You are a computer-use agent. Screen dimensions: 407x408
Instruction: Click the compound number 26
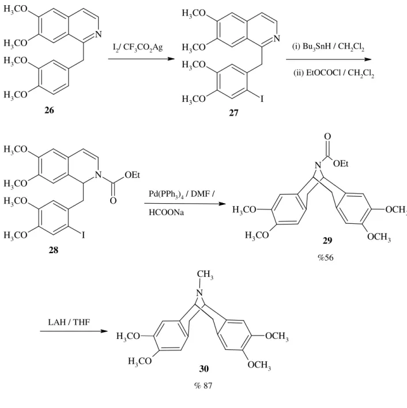point(49,110)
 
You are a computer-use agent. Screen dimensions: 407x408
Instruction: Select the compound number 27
point(233,113)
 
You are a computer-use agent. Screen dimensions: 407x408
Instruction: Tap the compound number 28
point(54,250)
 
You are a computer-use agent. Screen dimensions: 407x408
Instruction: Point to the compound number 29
point(327,241)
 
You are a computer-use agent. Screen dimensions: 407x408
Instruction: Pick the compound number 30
point(204,369)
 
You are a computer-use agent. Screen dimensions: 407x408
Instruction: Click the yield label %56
point(326,257)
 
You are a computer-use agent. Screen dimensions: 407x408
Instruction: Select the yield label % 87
point(203,386)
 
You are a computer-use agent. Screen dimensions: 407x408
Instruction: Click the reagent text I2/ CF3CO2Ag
point(138,48)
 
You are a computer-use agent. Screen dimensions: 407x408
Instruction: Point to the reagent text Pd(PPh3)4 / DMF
point(182,195)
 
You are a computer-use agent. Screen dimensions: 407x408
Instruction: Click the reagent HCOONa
point(167,212)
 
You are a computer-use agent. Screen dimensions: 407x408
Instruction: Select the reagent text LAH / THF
point(69,322)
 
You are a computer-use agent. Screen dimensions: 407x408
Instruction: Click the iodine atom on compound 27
point(262,98)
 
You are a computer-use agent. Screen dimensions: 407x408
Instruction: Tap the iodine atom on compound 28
point(83,235)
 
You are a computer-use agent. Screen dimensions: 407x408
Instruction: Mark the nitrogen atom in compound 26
point(99,34)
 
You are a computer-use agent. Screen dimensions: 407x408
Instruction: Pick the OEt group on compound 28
point(132,175)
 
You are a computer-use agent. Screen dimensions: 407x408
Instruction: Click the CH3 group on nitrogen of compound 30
point(205,274)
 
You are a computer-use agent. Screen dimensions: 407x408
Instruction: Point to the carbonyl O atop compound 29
point(327,136)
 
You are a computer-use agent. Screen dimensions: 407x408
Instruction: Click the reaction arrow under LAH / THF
point(74,331)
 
